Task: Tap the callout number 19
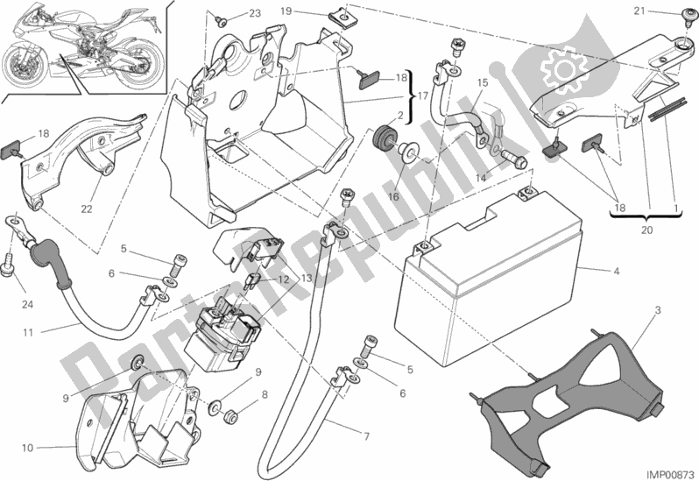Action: pos(311,11)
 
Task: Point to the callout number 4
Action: pos(618,272)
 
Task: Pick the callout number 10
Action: pos(28,449)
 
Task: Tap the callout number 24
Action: pos(25,306)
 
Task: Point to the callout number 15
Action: pos(481,83)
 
